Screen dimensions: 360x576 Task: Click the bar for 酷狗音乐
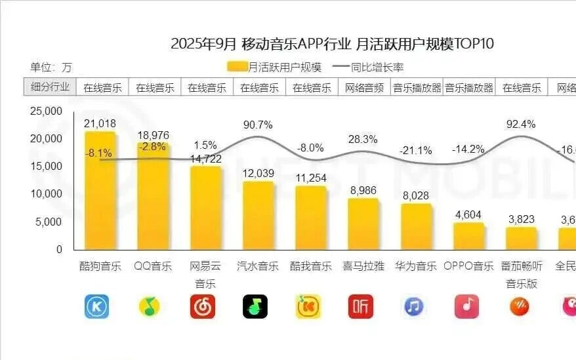coord(100,190)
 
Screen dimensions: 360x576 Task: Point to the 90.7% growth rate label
coord(258,125)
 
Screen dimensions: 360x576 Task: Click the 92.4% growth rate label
coord(521,124)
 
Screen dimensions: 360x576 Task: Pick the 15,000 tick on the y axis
coord(46,167)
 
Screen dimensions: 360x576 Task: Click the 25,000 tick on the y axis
coord(46,111)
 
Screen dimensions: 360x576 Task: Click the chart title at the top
coord(332,44)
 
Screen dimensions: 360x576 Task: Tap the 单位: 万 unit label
coord(51,67)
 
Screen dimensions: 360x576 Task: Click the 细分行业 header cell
coord(51,87)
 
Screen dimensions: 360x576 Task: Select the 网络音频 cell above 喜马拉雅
coord(364,87)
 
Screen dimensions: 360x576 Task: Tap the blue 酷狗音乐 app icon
coord(96,306)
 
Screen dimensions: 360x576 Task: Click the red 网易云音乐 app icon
coord(203,306)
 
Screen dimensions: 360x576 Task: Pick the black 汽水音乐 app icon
coord(255,306)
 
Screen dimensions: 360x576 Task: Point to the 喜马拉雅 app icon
coord(361,306)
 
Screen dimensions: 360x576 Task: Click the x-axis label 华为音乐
coord(416,266)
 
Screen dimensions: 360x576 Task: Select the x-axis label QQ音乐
coord(153,266)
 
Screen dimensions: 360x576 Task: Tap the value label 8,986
coord(363,191)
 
